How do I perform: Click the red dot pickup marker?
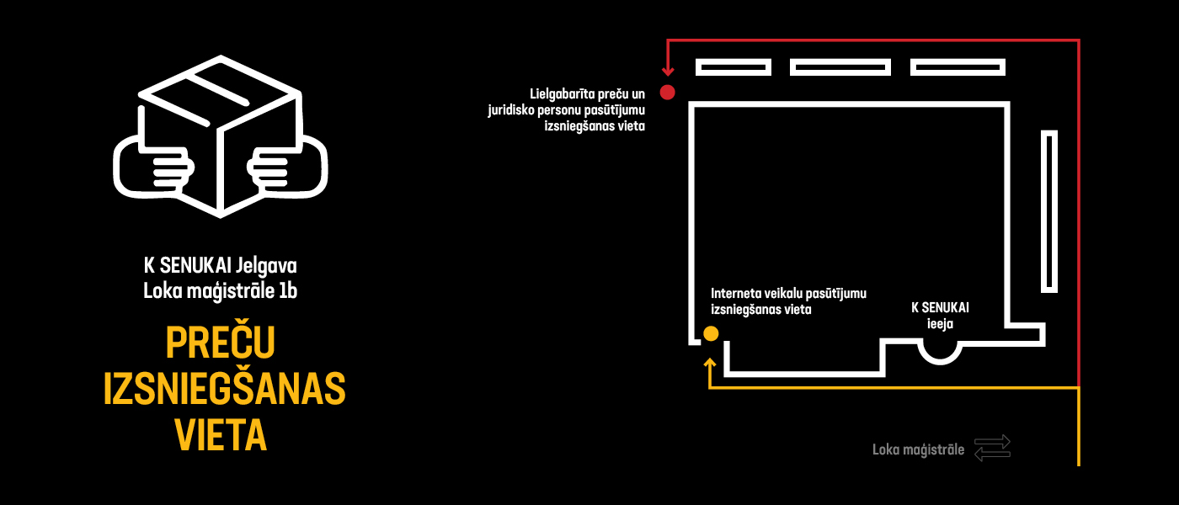[667, 93]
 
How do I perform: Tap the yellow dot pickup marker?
[711, 333]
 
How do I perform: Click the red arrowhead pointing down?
[668, 72]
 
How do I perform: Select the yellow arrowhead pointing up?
[710, 363]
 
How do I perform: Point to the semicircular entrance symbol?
[940, 361]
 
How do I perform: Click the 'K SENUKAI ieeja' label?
[940, 316]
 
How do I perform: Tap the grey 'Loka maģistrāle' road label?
[919, 449]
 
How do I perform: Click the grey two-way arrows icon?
[992, 448]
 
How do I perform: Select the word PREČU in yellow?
[221, 343]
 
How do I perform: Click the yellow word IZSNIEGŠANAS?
[224, 389]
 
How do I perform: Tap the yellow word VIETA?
[221, 435]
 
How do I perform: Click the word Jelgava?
[266, 266]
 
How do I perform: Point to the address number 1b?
[288, 291]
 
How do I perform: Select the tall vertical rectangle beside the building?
[1049, 211]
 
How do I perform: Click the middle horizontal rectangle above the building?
[840, 67]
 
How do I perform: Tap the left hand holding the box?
[153, 167]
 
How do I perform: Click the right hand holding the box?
[287, 167]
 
